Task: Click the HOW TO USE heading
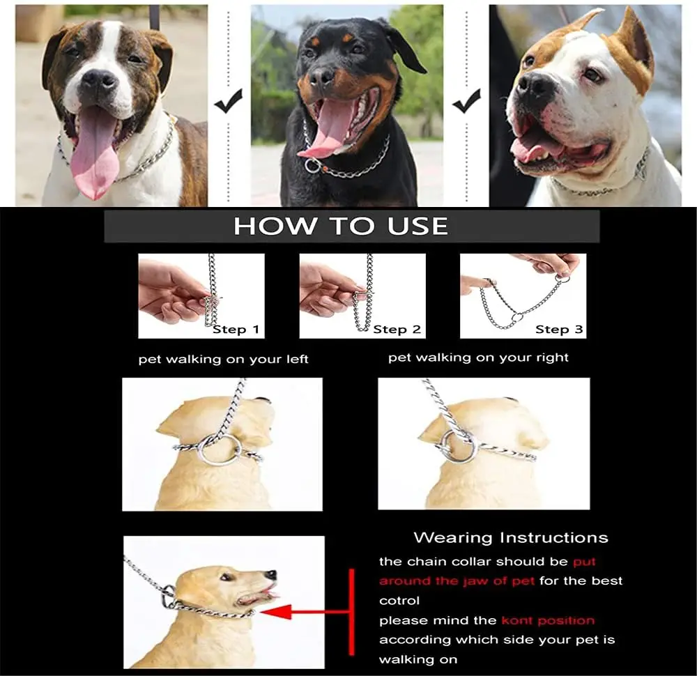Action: [x=341, y=226]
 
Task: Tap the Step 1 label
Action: [x=236, y=330]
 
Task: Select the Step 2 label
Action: [x=397, y=330]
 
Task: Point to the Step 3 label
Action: [x=559, y=330]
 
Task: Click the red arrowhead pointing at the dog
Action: [x=275, y=612]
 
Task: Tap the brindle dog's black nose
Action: [x=99, y=82]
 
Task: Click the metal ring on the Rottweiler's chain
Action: [x=312, y=166]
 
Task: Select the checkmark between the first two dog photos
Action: [x=229, y=100]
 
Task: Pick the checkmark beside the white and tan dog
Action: [x=466, y=100]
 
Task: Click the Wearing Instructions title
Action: [x=511, y=538]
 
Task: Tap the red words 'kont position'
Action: [x=548, y=620]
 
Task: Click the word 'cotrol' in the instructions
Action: [x=399, y=601]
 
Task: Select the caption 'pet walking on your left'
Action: [x=223, y=359]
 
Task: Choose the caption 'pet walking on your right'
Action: [x=478, y=358]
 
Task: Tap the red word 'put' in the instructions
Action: [x=584, y=562]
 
